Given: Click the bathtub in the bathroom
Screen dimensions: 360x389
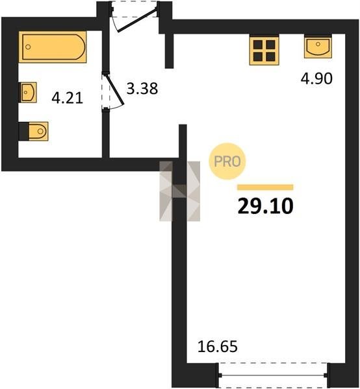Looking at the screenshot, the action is (x=53, y=47).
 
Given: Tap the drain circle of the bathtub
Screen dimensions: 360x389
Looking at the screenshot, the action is (x=28, y=47).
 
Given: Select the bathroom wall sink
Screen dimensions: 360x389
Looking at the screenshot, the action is (x=28, y=92).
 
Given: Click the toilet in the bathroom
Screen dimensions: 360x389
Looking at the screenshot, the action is (x=33, y=131).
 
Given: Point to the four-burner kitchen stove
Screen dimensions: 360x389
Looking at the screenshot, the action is (x=264, y=51).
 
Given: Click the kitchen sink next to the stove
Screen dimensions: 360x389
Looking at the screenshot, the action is (x=318, y=47).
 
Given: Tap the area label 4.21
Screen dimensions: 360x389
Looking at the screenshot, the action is (x=67, y=97).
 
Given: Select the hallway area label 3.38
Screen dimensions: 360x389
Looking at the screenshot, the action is (x=142, y=89).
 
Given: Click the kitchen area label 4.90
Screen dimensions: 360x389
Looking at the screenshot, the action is (x=316, y=78).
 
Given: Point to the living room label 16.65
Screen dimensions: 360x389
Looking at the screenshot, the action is (x=218, y=347).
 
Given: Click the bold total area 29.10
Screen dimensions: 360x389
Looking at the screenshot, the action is (x=266, y=206).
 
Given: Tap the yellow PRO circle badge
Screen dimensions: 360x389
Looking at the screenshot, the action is (x=227, y=161).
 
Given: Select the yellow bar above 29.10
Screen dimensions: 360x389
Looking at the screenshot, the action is (x=265, y=187).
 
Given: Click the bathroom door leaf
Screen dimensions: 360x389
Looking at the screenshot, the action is (x=114, y=90).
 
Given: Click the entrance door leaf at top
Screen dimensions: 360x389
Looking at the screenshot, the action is (x=138, y=19).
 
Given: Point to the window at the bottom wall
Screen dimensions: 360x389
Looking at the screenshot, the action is (x=273, y=375).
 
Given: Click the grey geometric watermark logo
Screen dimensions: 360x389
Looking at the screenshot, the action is (x=180, y=191).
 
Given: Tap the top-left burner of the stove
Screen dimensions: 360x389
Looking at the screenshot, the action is (x=258, y=45).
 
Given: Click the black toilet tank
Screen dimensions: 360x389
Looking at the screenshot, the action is (x=24, y=131).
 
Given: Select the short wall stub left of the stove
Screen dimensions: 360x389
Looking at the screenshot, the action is (x=170, y=51).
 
